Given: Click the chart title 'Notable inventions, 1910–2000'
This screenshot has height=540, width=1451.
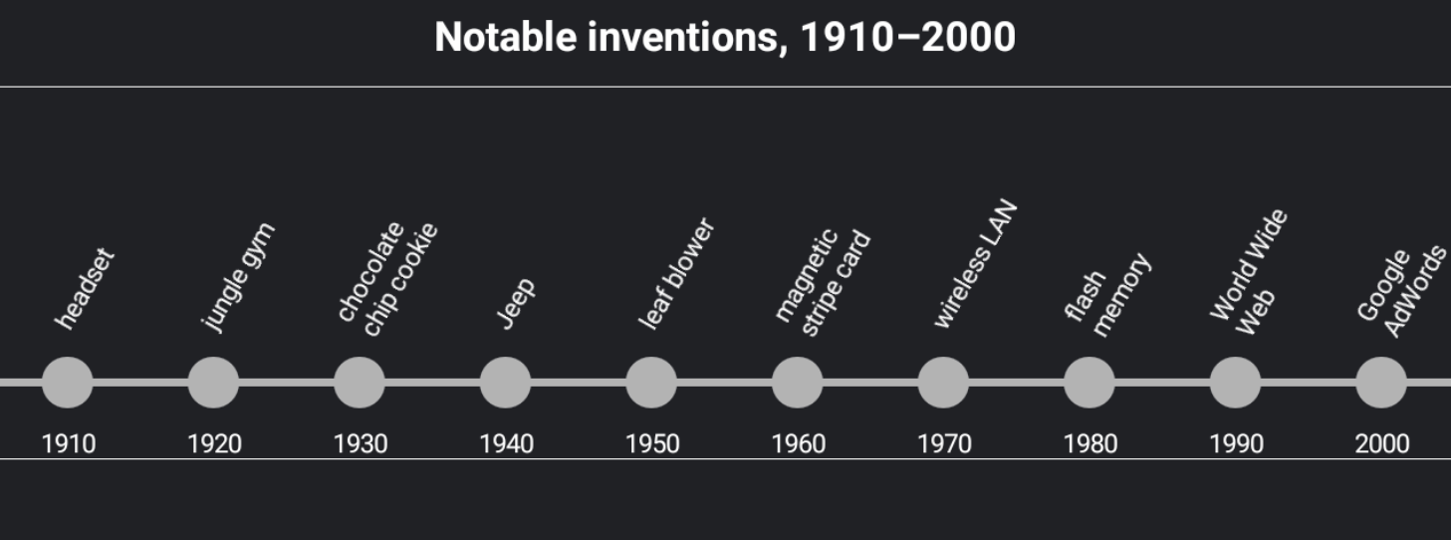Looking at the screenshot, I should tap(725, 38).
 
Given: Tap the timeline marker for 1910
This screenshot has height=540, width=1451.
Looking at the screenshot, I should tap(68, 383).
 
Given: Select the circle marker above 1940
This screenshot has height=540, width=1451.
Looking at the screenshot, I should tap(505, 383).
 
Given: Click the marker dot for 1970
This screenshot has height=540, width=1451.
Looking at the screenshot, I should tap(943, 383).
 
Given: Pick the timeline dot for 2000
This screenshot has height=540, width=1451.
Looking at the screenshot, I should tap(1381, 383).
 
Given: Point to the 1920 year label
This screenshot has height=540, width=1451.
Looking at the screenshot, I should tap(214, 444).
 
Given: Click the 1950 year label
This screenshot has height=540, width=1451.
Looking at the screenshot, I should tap(652, 444).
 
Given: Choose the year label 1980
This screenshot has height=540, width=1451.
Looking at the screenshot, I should tap(1090, 444).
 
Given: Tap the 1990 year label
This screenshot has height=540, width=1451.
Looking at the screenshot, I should tap(1236, 444).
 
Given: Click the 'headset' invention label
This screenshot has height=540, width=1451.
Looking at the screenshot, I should tap(86, 289).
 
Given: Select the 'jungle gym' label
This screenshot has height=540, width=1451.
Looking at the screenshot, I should tap(238, 276).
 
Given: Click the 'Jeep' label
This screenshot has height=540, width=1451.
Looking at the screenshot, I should tap(517, 303).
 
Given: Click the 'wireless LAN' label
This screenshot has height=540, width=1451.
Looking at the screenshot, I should tap(975, 264).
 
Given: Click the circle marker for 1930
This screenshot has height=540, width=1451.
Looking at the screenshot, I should tap(360, 383).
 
